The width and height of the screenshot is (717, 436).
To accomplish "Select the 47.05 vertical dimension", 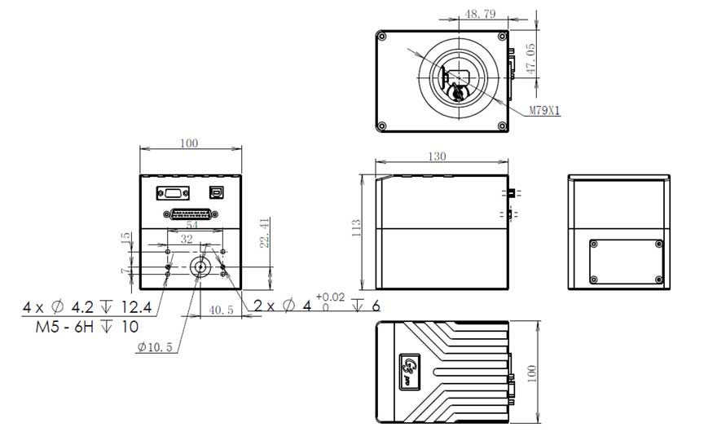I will pyautogui.click(x=531, y=59).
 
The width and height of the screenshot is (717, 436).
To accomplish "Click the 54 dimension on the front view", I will pyautogui.click(x=192, y=223).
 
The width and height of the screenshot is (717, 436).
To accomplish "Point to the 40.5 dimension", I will pyautogui.click(x=221, y=310).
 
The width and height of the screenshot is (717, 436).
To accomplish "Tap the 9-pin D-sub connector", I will pyautogui.click(x=173, y=193).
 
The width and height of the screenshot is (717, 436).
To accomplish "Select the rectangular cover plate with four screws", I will pyautogui.click(x=626, y=259).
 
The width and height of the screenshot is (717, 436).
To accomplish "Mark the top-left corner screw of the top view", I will pyautogui.click(x=381, y=37).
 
